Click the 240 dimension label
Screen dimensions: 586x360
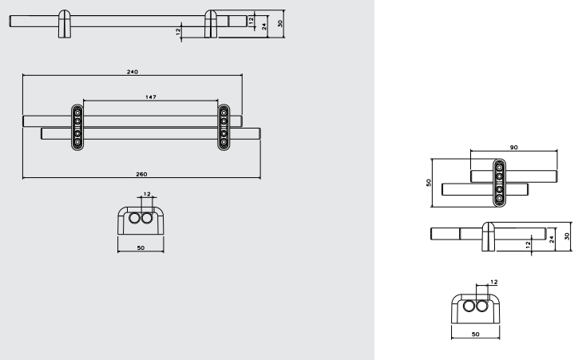[133, 72]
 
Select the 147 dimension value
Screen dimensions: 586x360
[151, 97]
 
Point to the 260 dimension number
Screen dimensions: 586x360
[141, 174]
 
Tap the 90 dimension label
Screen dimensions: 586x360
[514, 148]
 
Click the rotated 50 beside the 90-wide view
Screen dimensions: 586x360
[429, 183]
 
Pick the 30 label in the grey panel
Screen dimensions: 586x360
[280, 23]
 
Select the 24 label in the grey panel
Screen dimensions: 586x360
[263, 26]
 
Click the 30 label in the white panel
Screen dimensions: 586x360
[567, 236]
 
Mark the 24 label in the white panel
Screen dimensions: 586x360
[552, 239]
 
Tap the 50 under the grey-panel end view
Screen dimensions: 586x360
[141, 248]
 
